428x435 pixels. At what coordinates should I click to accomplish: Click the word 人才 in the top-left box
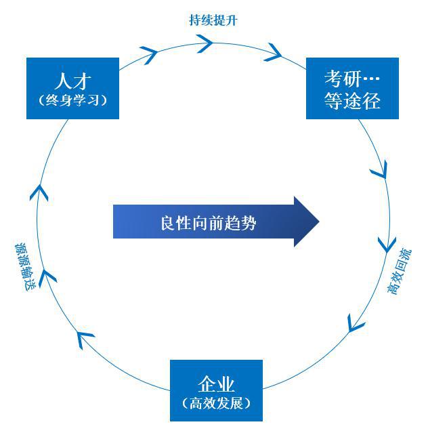(x=72, y=79)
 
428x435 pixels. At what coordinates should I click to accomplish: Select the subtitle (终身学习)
(x=72, y=100)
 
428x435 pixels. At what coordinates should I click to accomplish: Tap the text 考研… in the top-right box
(x=352, y=77)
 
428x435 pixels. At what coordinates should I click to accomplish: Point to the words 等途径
(x=352, y=100)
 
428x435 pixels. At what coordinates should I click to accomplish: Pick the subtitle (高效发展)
(x=217, y=403)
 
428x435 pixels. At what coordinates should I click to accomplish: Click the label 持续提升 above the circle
(x=213, y=20)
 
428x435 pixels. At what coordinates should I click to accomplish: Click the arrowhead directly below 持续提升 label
(x=205, y=44)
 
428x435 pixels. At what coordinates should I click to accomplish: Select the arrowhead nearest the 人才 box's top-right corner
(x=149, y=54)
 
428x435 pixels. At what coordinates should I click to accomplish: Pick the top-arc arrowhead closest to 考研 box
(x=274, y=51)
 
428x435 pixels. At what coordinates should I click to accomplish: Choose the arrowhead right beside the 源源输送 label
(x=48, y=274)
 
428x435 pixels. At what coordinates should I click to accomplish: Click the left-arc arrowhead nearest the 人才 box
(x=41, y=192)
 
